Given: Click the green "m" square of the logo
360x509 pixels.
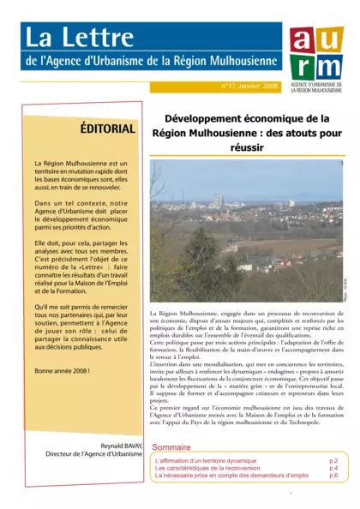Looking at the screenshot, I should [329, 66].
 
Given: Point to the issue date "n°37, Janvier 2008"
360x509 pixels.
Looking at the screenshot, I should [249, 87].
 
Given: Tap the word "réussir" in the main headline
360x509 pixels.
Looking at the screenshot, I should [246, 147].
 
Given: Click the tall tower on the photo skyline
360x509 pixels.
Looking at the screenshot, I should [219, 201].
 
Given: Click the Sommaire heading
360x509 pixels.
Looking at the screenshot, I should [171, 447].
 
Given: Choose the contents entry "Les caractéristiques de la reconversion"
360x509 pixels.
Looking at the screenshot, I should [207, 468].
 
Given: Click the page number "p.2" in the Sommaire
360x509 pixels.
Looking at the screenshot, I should [333, 460].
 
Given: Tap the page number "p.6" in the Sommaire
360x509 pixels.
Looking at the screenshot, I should [333, 476].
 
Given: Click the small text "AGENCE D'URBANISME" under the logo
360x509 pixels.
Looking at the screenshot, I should [315, 87].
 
